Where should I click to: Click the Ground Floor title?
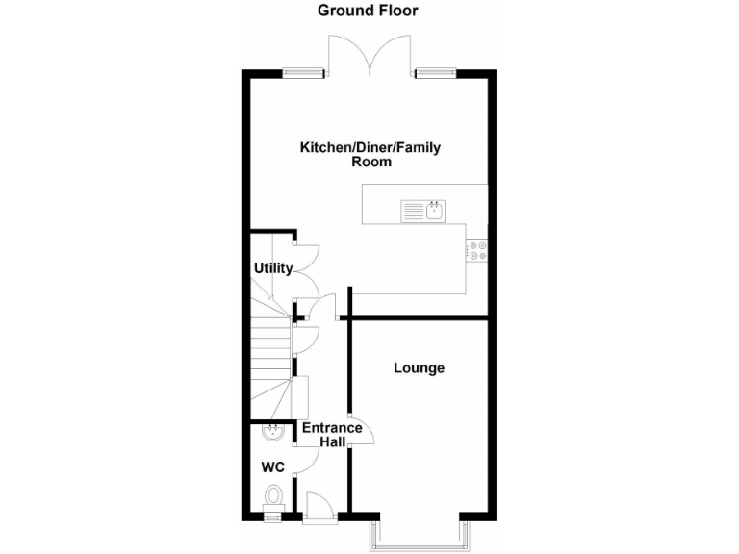click(369, 11)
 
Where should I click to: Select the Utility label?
click(272, 268)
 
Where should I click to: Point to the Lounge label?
click(419, 367)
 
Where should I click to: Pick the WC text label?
click(273, 467)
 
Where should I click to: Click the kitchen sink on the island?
click(422, 209)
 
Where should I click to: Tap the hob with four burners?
click(477, 250)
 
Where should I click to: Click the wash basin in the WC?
click(273, 432)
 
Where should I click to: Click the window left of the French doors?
click(303, 72)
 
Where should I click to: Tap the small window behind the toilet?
click(273, 517)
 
